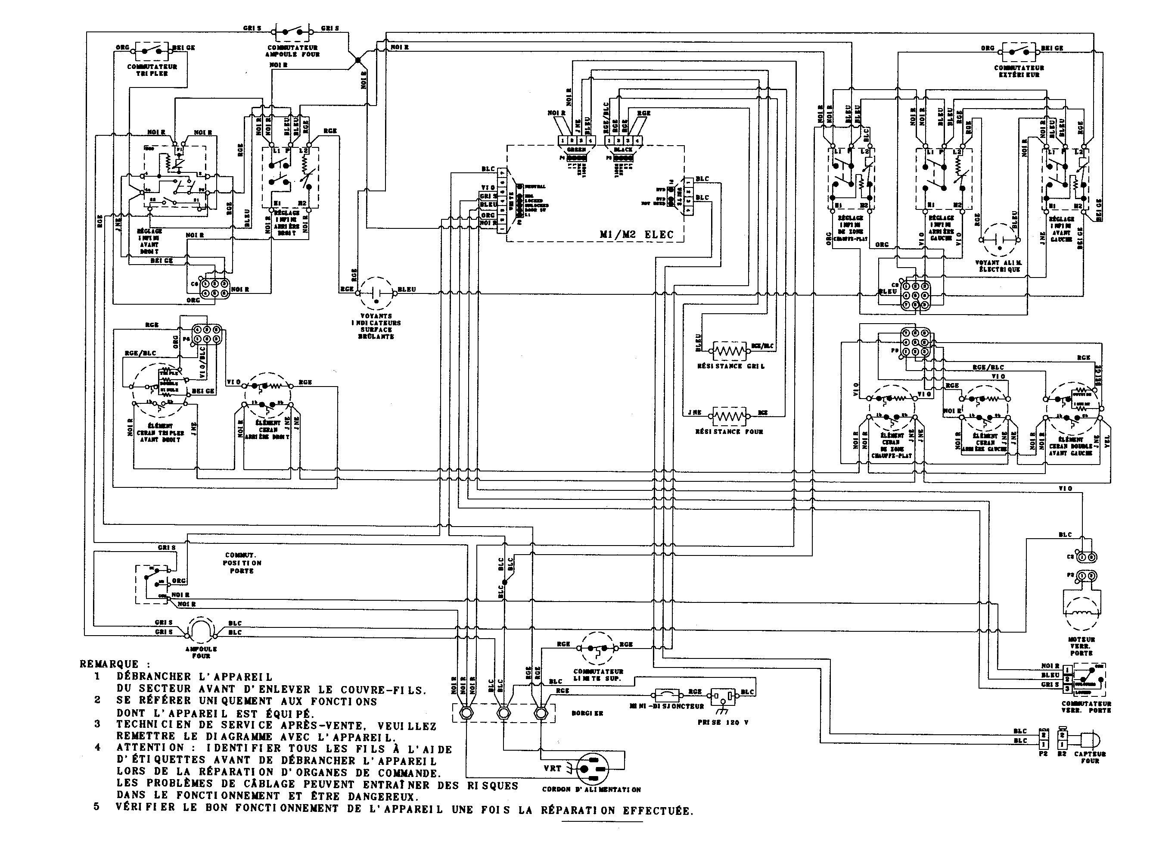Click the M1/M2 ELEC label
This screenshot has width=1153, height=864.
click(637, 235)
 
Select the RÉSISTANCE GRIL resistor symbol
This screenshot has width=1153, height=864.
click(730, 352)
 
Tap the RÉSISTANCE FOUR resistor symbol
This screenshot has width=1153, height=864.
click(729, 416)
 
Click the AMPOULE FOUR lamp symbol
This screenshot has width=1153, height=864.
click(201, 628)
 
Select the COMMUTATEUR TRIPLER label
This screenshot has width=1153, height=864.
click(152, 70)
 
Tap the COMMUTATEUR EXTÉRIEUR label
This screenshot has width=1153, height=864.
click(1019, 72)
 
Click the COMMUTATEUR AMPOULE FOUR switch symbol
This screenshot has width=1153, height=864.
click(292, 32)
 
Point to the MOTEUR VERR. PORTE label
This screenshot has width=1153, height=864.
click(1082, 646)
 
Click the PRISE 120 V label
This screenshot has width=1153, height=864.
click(723, 723)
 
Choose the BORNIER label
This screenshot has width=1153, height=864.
click(587, 713)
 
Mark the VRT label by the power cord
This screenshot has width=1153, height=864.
click(553, 768)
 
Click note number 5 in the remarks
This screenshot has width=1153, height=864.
click(96, 807)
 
